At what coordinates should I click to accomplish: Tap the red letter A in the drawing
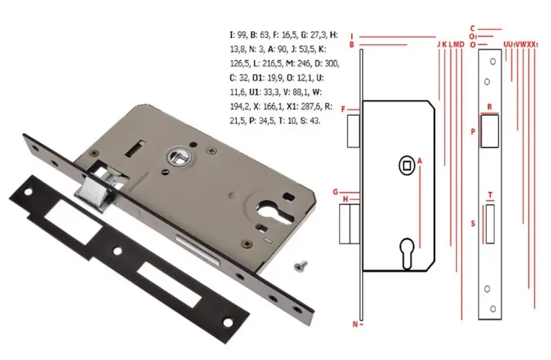click(x=419, y=160)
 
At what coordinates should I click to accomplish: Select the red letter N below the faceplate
click(x=355, y=324)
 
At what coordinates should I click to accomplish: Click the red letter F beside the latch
click(x=352, y=109)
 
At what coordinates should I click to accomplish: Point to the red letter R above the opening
click(x=490, y=108)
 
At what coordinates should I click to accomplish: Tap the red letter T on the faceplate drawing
click(x=490, y=195)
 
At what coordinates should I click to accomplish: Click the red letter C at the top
click(x=472, y=29)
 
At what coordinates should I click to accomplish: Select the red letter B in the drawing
click(x=351, y=45)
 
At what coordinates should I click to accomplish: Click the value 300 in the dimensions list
click(x=332, y=63)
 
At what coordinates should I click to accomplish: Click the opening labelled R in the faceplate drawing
click(x=490, y=131)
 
